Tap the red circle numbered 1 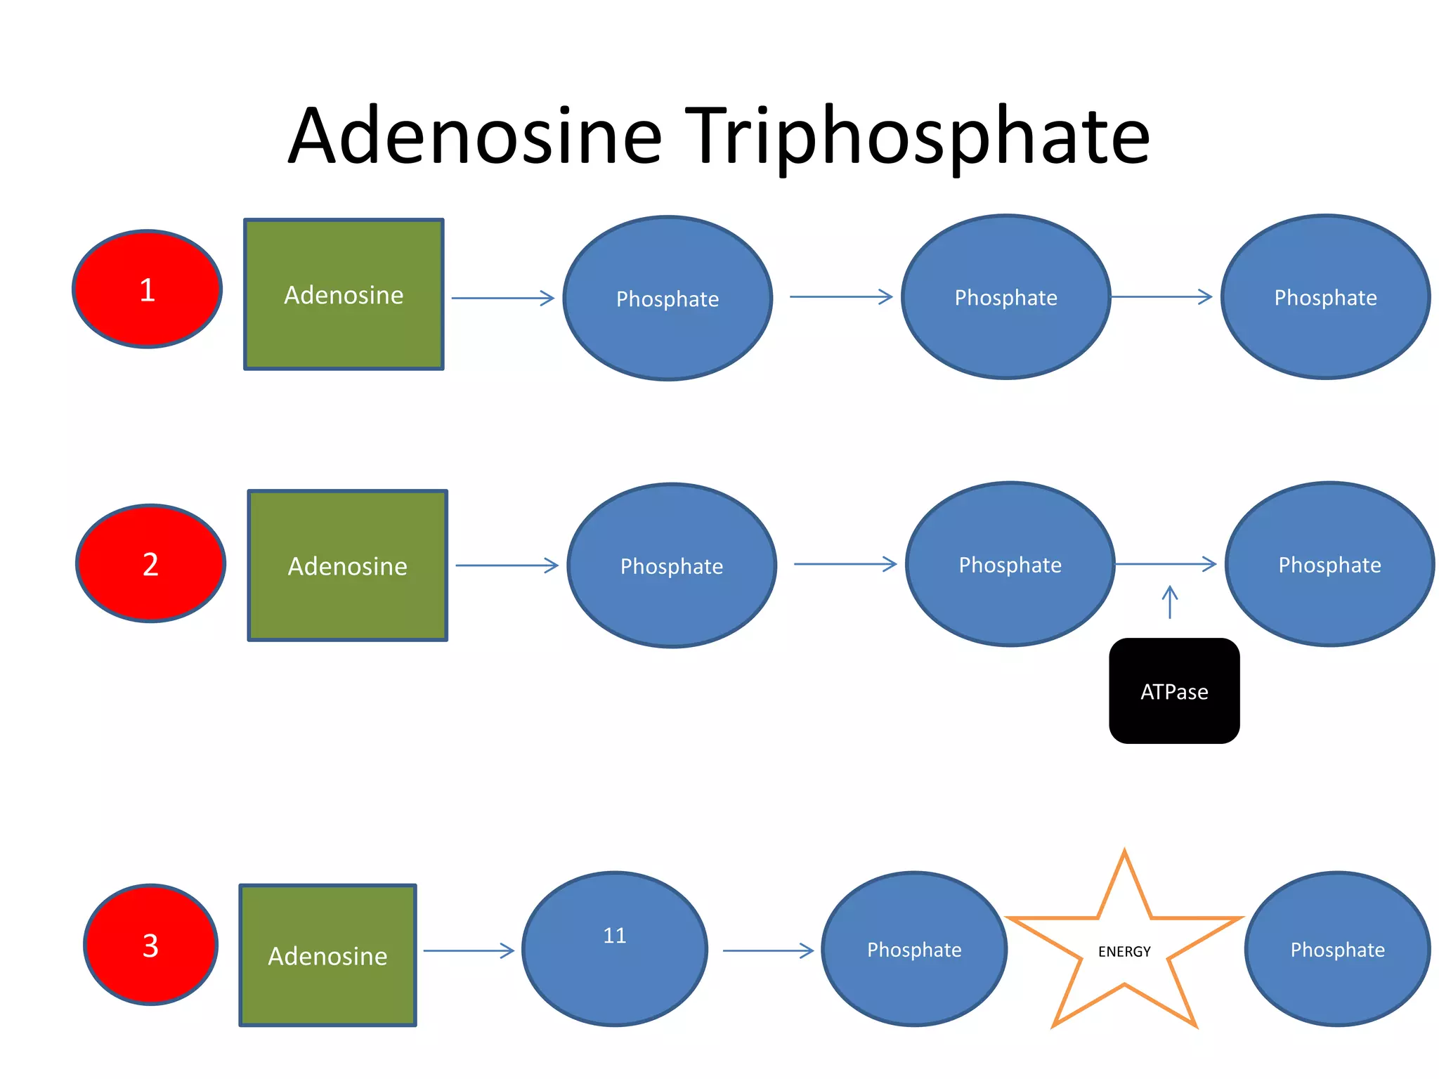148,289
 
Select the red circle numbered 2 150,563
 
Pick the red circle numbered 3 150,945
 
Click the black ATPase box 1174,691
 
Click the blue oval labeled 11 615,948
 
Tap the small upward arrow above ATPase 1170,602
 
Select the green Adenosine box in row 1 344,294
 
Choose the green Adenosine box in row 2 348,565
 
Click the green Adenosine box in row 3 327,955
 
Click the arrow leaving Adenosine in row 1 502,298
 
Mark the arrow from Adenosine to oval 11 469,950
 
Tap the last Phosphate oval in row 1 1325,297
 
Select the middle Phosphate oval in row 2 1010,564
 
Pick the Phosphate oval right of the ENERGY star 1337,949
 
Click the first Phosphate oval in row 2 672,565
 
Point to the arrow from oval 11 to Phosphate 768,950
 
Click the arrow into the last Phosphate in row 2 1165,563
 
